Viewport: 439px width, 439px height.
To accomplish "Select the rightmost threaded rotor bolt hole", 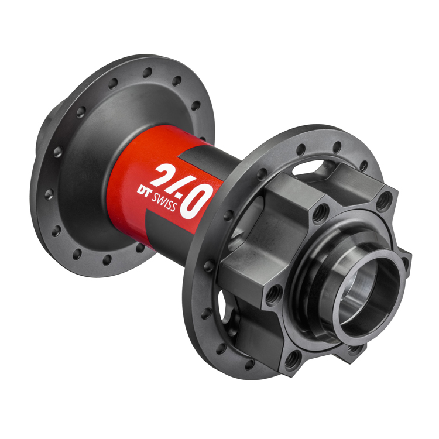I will [x=383, y=201].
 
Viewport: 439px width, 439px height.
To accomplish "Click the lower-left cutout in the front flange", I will [x=225, y=304].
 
